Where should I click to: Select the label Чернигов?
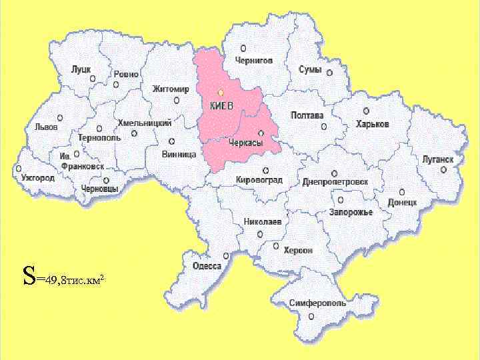253,60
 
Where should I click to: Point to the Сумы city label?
310,69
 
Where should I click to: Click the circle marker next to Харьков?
366,111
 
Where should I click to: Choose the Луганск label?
437,159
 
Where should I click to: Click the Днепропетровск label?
335,181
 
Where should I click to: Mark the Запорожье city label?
350,213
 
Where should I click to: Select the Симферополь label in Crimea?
317,303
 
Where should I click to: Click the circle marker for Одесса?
227,255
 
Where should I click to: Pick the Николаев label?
263,221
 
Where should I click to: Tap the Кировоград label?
260,181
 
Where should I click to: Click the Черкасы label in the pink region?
245,143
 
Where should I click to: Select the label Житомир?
171,89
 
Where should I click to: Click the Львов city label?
47,126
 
